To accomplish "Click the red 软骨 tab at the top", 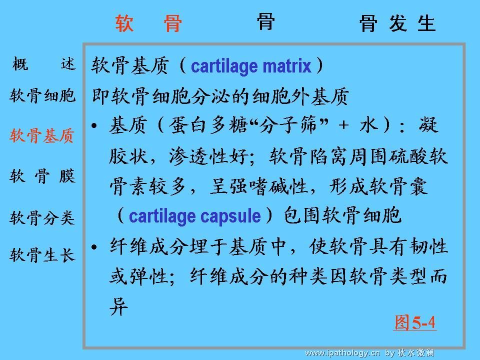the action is point(149,23).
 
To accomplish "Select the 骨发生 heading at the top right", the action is point(397,23).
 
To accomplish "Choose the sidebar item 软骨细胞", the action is point(42,95).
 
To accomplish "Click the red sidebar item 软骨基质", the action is point(42,135).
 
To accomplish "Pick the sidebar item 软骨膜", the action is point(42,176).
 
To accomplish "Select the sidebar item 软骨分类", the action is point(42,218).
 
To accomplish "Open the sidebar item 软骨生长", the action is point(42,254).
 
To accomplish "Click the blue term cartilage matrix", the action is point(251,66).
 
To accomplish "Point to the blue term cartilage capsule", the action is point(195,216).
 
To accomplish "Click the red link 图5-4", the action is point(415,322).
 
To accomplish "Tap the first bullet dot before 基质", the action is point(94,125).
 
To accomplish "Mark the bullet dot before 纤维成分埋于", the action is point(94,246).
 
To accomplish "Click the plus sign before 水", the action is point(344,125).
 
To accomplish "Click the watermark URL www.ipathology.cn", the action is point(342,353).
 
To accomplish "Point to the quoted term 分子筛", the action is point(288,125).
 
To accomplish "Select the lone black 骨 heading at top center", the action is point(265,21).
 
